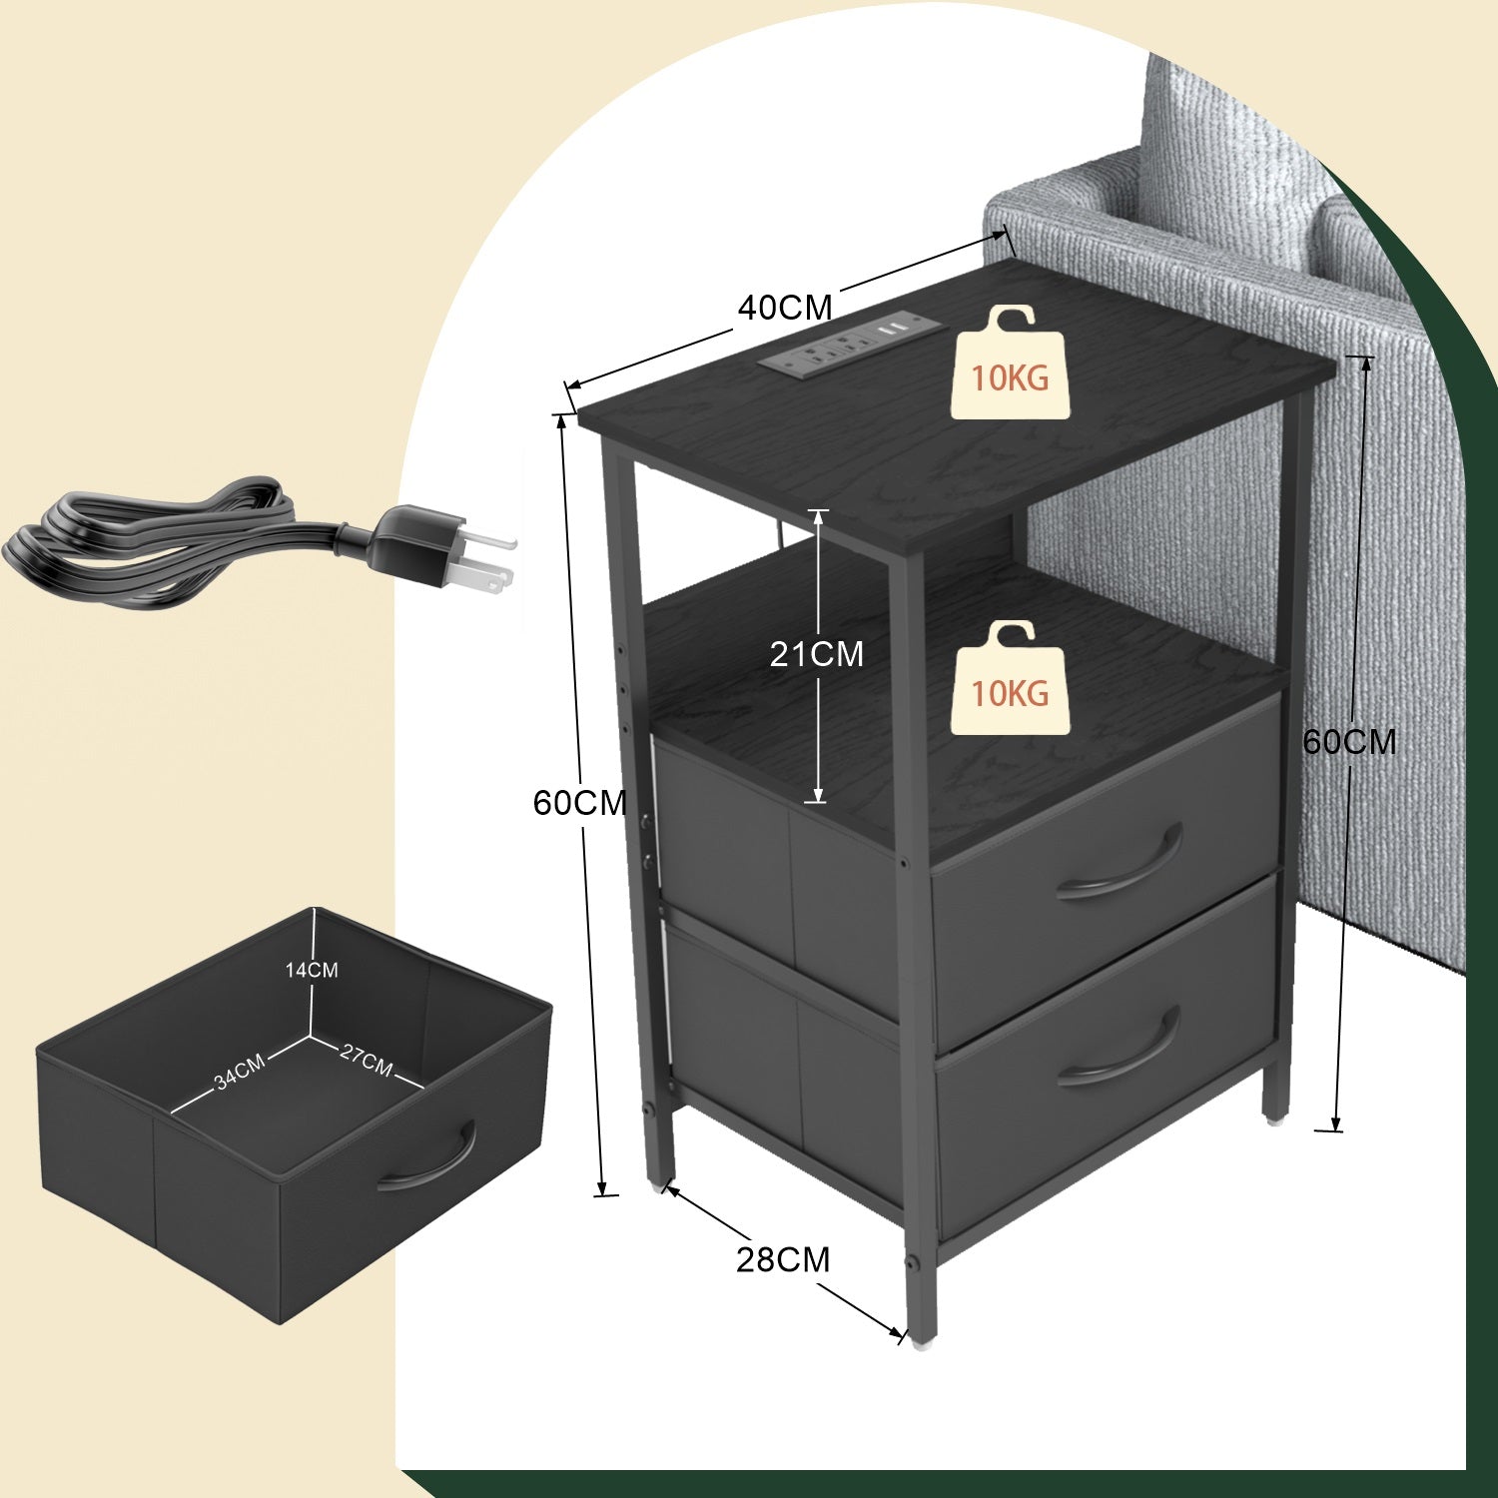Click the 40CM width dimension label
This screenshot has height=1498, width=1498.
(x=785, y=308)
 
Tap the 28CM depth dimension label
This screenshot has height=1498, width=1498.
(x=783, y=1260)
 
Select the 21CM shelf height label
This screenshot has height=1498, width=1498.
(x=816, y=654)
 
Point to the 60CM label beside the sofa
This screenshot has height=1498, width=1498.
(x=1349, y=741)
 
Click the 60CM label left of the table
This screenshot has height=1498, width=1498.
(x=580, y=802)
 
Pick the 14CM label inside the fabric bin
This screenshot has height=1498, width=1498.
(x=312, y=970)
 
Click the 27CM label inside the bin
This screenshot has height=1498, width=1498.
(x=366, y=1060)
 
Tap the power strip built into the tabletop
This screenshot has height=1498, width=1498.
(x=845, y=346)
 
